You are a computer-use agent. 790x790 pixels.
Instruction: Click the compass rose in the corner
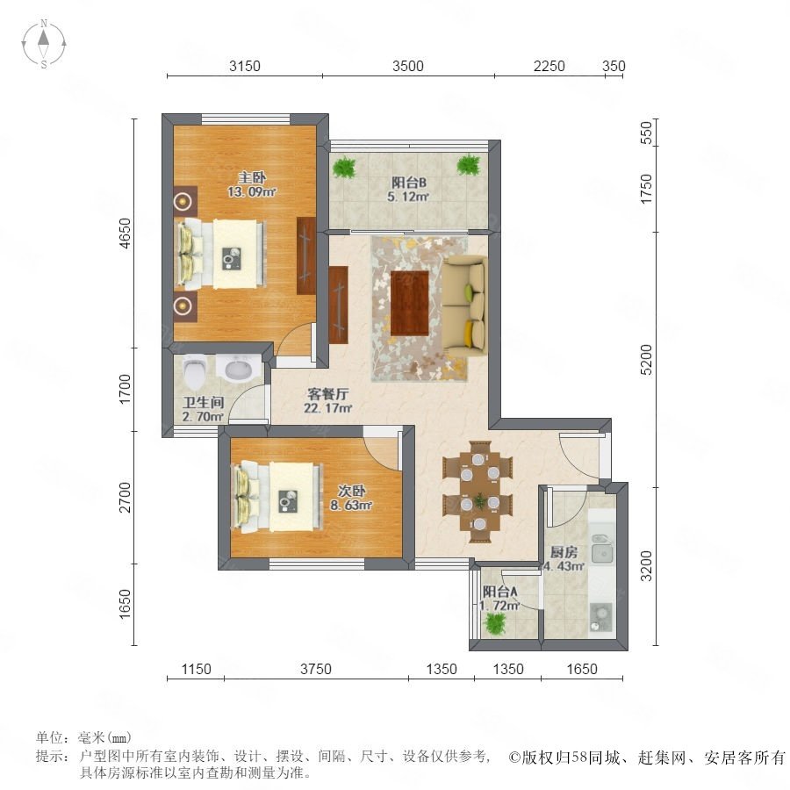[44, 43]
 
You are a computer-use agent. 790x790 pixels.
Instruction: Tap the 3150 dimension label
[244, 66]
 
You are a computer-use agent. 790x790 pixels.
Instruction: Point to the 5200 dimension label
[645, 360]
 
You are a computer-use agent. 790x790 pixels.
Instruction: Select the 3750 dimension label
[316, 669]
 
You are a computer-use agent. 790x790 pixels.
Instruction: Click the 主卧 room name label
[252, 177]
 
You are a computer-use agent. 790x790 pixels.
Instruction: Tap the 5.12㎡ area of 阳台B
[407, 197]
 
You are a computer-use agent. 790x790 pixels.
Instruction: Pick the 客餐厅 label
[327, 394]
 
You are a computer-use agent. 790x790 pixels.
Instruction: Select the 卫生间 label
[203, 403]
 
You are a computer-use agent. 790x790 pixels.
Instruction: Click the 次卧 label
[351, 490]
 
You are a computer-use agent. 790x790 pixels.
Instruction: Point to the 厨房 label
[564, 552]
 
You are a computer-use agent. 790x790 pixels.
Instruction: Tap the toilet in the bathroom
[195, 370]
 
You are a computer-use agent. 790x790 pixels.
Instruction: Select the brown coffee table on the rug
[410, 304]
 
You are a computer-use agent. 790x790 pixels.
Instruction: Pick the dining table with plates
[479, 492]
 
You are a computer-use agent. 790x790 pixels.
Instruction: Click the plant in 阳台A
[495, 624]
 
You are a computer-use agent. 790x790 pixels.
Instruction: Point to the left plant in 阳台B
[345, 166]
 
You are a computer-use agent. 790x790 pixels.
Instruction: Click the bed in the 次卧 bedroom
[276, 497]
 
